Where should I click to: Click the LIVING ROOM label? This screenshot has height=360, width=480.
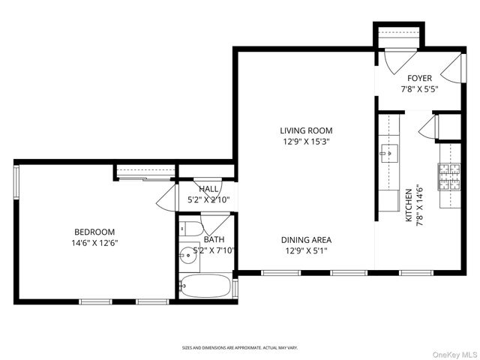tap(306, 130)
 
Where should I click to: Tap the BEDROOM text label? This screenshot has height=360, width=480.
tap(94, 232)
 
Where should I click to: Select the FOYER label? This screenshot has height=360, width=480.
tap(419, 78)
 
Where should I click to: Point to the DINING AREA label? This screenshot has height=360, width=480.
tap(306, 240)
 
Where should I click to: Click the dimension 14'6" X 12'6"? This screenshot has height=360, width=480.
tap(94, 243)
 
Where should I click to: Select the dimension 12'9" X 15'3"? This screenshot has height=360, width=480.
tap(306, 141)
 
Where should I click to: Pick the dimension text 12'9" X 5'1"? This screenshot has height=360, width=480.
tap(306, 250)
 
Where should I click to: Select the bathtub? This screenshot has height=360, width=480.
tap(205, 286)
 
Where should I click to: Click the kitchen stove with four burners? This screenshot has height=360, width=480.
tap(448, 178)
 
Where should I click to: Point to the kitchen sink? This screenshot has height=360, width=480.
tap(388, 151)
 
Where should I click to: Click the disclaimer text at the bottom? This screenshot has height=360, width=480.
tap(240, 348)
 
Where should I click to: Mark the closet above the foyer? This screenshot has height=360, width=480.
tap(399, 36)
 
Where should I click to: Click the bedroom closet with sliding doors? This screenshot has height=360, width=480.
tap(145, 173)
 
